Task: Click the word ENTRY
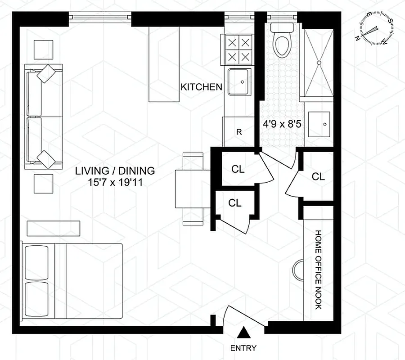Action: click(243, 348)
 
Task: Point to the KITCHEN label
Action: click(201, 87)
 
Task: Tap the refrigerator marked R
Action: click(239, 132)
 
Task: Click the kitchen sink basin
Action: click(239, 82)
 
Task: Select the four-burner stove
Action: click(238, 50)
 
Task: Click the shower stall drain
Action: click(319, 63)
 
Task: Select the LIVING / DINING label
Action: click(115, 171)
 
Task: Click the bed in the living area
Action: click(72, 281)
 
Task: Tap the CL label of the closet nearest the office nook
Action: click(318, 176)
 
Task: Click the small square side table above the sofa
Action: click(44, 49)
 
